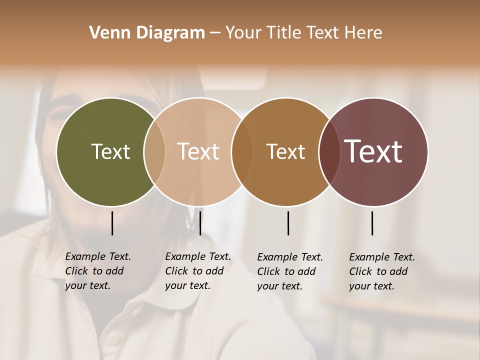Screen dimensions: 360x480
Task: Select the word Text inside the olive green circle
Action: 110,151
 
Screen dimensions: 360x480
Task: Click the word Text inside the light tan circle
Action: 198,151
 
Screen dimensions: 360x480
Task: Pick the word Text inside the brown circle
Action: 285,151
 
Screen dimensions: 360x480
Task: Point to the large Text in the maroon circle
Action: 373,151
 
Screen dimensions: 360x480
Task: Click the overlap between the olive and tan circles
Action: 154,151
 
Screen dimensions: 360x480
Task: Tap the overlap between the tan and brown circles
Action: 241,151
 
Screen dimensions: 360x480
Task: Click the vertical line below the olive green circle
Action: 112,223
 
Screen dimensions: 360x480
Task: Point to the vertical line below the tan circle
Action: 200,223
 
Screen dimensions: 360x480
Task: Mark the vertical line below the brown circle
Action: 288,223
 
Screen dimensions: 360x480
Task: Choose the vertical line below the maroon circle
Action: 372,223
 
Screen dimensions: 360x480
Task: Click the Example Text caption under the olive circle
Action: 97,271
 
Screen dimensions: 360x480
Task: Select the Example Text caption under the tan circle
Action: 197,271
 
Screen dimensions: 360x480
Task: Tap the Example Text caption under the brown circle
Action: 289,271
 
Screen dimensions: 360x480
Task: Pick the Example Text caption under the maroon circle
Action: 381,271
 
